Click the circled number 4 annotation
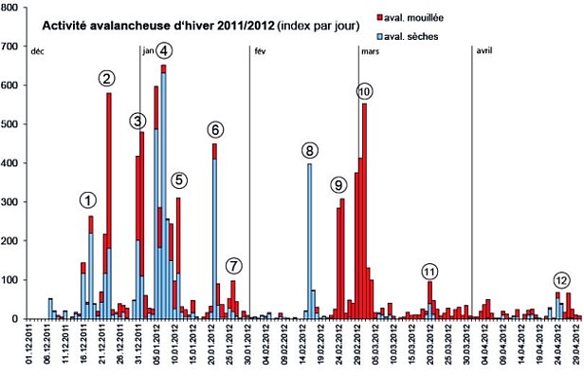tap(164, 50)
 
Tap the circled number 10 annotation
tap(365, 91)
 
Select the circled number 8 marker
tap(310, 150)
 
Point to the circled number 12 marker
tap(562, 280)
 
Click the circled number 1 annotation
tap(88, 200)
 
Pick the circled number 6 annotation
tap(215, 129)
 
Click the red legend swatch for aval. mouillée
tap(379, 17)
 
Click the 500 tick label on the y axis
tap(11, 124)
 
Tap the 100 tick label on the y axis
tap(11, 280)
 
